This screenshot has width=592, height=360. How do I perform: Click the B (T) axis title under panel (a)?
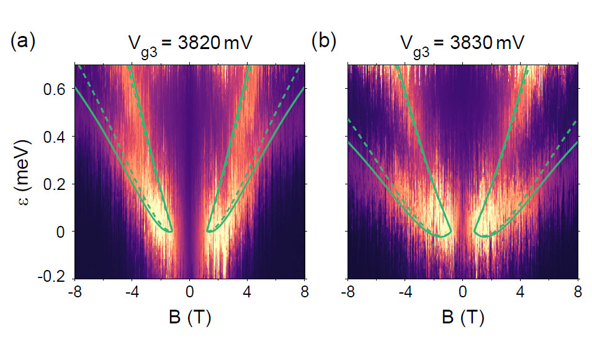pyautogui.click(x=191, y=319)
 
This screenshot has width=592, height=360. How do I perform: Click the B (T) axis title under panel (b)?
pyautogui.click(x=464, y=319)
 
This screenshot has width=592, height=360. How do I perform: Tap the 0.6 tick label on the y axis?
pyautogui.click(x=55, y=89)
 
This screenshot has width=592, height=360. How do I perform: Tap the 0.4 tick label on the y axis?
pyautogui.click(x=55, y=137)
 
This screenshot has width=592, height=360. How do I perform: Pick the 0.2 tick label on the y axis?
pyautogui.click(x=55, y=184)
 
